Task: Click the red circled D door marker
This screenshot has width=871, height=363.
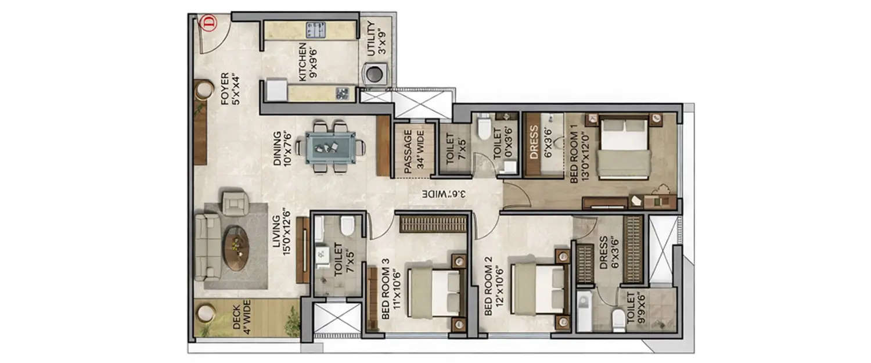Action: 207,23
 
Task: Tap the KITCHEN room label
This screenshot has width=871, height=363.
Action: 307,62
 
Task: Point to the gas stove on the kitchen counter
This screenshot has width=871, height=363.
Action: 315,30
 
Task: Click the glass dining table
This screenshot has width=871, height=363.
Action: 329,147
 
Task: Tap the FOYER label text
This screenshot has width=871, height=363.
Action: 230,89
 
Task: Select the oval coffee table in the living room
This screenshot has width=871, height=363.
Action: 236,248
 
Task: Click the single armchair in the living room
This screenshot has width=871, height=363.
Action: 235,204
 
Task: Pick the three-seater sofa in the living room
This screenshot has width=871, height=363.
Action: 207,247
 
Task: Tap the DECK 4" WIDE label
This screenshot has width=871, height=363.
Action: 242,317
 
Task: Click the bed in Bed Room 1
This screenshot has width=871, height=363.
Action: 624,148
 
